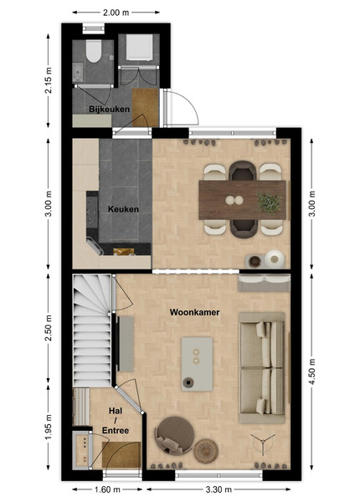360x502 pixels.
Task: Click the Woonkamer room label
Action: (194, 312)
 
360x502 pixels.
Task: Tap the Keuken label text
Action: (123, 209)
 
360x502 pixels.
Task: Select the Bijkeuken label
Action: (109, 109)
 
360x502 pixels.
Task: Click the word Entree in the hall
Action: (116, 431)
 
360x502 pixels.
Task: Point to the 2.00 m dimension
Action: (116, 13)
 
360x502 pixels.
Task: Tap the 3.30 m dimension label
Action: (219, 489)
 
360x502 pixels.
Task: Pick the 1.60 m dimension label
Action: (107, 489)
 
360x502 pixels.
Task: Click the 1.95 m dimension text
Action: (48, 427)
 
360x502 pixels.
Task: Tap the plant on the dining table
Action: (269, 202)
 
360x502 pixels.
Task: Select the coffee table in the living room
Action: (197, 364)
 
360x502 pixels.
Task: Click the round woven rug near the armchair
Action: (206, 451)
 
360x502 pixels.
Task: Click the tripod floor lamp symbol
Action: (263, 443)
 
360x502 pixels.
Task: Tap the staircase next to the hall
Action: (92, 330)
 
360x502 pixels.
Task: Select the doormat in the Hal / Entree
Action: (121, 454)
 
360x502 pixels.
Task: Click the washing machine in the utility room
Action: (139, 48)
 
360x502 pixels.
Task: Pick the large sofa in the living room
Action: (262, 368)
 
